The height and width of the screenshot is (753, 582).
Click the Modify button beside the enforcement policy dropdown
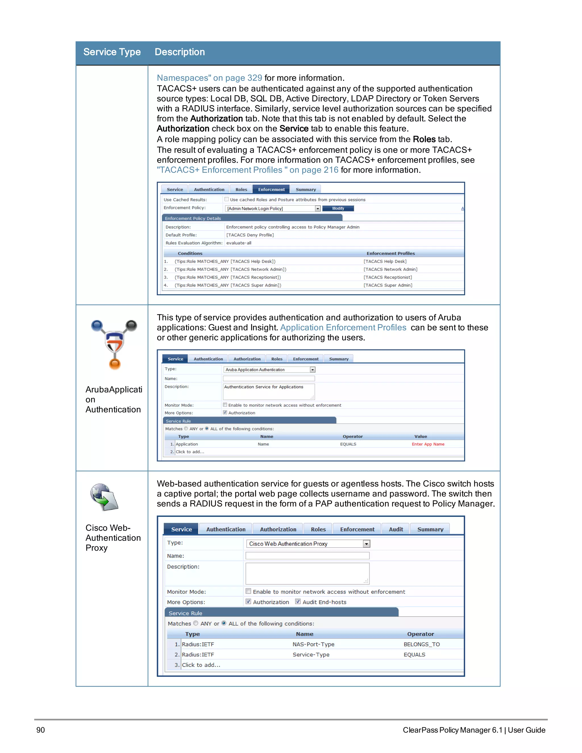[x=338, y=209]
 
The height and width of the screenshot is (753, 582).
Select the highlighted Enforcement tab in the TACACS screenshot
[x=271, y=190]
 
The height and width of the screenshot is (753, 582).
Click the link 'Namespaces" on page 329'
[x=209, y=78]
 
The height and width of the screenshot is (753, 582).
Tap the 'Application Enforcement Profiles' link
[x=343, y=328]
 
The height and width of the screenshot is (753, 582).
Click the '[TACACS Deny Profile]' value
[x=250, y=235]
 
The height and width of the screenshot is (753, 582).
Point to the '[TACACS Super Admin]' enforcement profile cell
[x=388, y=286]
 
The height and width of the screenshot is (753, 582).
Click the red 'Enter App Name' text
[x=428, y=444]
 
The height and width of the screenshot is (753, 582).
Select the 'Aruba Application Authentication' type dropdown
[x=269, y=370]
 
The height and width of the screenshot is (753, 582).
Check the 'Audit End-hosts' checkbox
[x=298, y=602]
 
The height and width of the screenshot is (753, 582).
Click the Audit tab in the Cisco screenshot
[x=396, y=530]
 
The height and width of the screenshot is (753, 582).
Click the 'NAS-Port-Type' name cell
[x=313, y=645]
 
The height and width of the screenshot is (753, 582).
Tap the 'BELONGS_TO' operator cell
[x=422, y=645]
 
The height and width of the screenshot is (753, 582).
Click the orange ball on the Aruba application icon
[x=115, y=364]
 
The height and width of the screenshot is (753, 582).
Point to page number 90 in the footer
[x=41, y=730]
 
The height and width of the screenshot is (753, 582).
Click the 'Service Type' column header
[x=112, y=52]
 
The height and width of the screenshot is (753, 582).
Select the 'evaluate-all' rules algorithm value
[x=239, y=243]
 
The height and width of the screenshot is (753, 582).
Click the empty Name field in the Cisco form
[x=307, y=556]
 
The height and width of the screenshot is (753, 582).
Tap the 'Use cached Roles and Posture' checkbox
[x=226, y=199]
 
